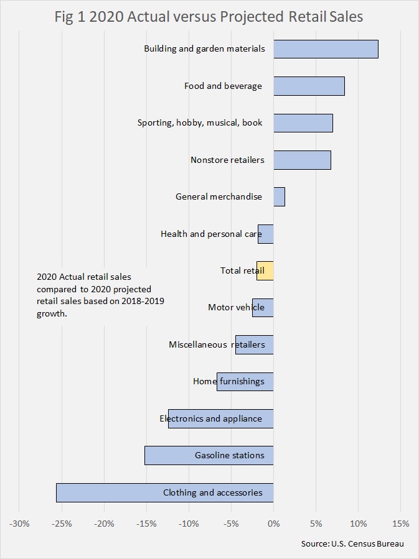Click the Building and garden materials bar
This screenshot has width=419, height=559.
pyautogui.click(x=326, y=49)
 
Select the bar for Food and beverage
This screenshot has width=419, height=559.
pyautogui.click(x=309, y=86)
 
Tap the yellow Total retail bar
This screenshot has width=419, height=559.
pyautogui.click(x=265, y=270)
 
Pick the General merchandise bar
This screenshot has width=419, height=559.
pyautogui.click(x=279, y=196)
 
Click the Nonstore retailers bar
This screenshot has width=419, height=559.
pyautogui.click(x=302, y=160)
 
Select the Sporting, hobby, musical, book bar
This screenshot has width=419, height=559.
pyautogui.click(x=303, y=123)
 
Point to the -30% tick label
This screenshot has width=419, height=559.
pyautogui.click(x=19, y=523)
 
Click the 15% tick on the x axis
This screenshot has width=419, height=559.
pyautogui.click(x=400, y=523)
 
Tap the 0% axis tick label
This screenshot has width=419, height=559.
pyautogui.click(x=273, y=523)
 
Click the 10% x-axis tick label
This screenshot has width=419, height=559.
pyautogui.click(x=358, y=523)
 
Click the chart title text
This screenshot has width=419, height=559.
pyautogui.click(x=209, y=17)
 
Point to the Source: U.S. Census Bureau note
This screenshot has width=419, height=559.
pyautogui.click(x=352, y=543)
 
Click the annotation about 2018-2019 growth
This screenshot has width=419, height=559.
pyautogui.click(x=103, y=295)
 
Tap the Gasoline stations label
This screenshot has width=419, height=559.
pyautogui.click(x=229, y=455)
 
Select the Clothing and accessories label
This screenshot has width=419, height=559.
pyautogui.click(x=212, y=492)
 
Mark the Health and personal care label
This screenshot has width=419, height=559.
pyautogui.click(x=211, y=234)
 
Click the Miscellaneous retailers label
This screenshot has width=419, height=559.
pyautogui.click(x=217, y=344)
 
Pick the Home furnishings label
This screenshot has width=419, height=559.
pyautogui.click(x=228, y=381)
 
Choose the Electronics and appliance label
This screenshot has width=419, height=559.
pyautogui.click(x=210, y=418)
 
